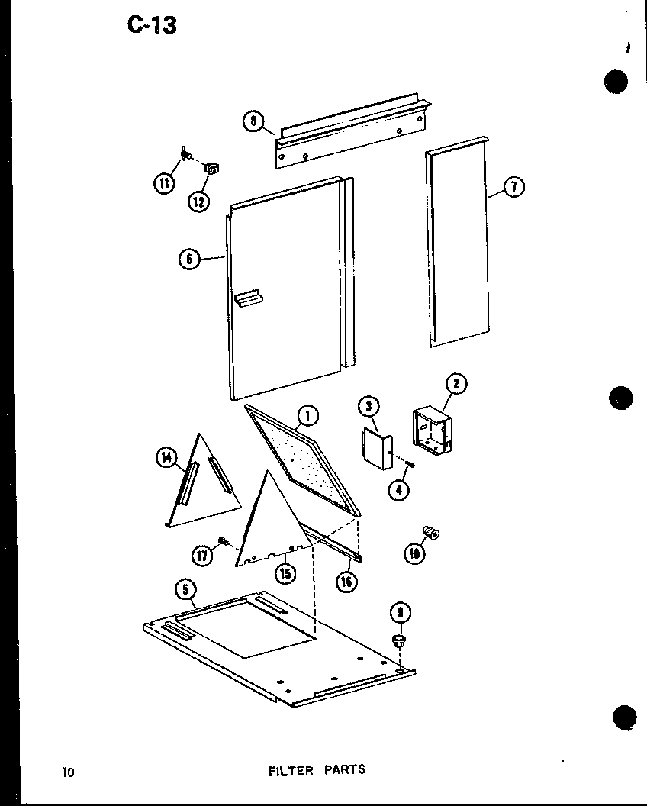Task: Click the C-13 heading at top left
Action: pyautogui.click(x=152, y=25)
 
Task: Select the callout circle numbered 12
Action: pyautogui.click(x=198, y=201)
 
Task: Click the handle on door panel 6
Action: pyautogui.click(x=249, y=298)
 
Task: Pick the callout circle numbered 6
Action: pyautogui.click(x=188, y=260)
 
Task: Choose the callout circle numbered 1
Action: pyautogui.click(x=307, y=415)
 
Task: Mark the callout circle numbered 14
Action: pyautogui.click(x=166, y=457)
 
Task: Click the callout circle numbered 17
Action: pyautogui.click(x=201, y=556)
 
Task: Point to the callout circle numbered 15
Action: pyautogui.click(x=285, y=573)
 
